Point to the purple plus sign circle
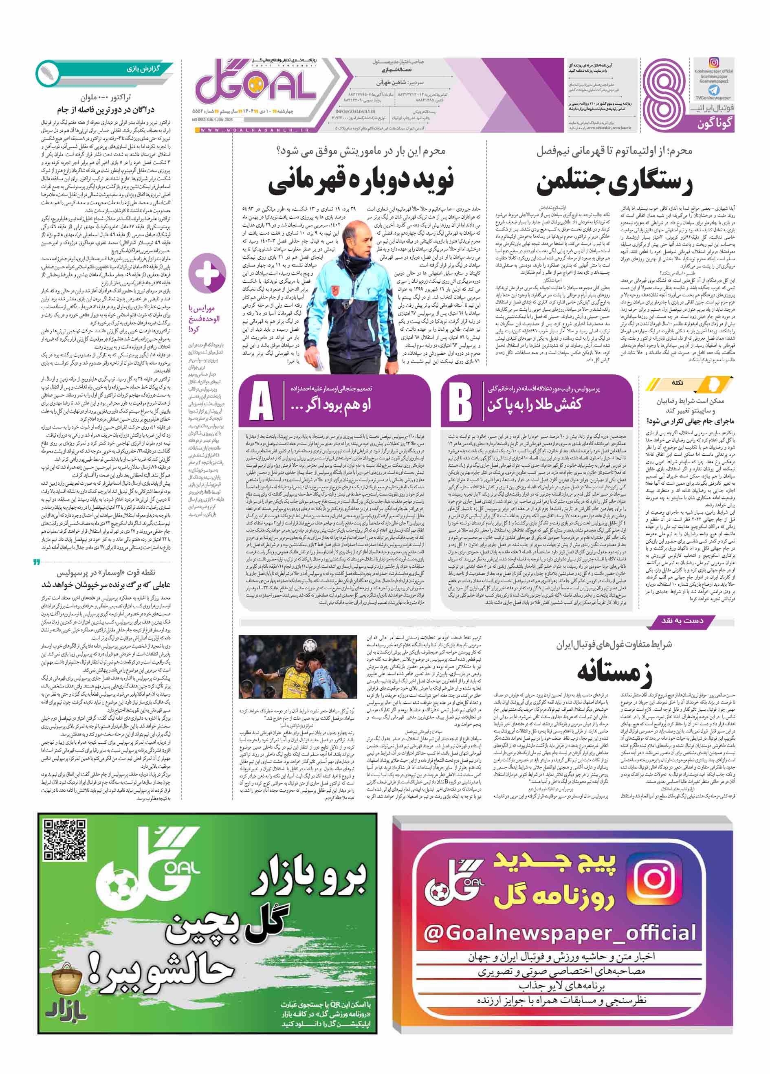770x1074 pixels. (x=207, y=273)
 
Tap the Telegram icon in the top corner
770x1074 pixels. (x=714, y=90)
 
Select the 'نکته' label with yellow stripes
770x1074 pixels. (x=677, y=382)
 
